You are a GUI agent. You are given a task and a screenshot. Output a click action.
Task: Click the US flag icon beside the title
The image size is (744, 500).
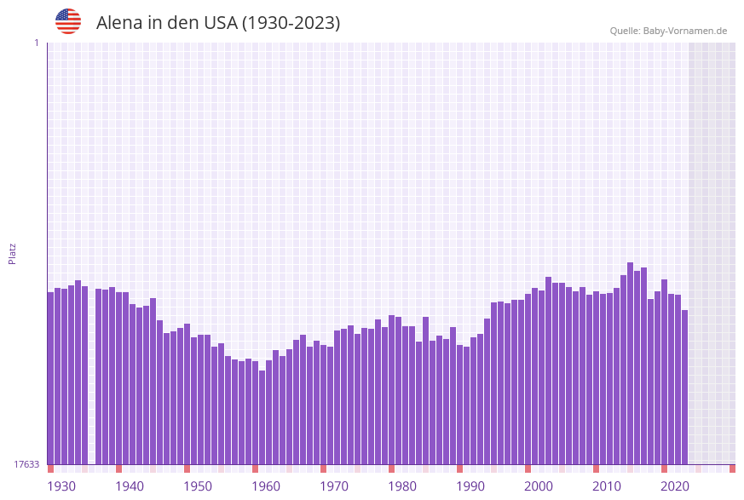tap(68, 21)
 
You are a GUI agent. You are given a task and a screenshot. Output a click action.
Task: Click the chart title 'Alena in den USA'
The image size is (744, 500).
tap(217, 23)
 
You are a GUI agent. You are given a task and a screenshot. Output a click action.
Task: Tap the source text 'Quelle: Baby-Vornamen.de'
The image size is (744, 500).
tap(668, 31)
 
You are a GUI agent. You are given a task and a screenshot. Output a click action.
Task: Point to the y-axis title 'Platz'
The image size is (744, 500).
tap(13, 253)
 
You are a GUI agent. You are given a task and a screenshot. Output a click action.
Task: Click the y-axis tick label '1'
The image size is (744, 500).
tap(36, 43)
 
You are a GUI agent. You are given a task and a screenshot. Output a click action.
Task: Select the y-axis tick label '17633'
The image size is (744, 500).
tap(26, 464)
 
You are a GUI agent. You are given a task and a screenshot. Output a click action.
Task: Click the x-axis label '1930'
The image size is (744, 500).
tap(61, 486)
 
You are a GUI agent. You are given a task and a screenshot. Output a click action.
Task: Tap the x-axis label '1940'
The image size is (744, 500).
tap(130, 486)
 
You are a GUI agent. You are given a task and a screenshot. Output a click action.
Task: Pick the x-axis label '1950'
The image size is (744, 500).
tap(198, 486)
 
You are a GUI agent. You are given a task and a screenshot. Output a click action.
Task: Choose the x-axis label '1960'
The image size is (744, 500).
tap(266, 486)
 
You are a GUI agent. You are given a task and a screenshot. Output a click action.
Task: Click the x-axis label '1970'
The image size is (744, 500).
tap(334, 486)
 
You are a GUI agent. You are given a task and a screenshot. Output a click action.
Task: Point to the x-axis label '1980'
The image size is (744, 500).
tap(402, 486)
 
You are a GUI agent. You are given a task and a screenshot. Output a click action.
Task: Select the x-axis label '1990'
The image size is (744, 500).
tap(470, 486)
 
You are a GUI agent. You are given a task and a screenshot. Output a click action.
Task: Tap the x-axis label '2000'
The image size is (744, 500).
tap(539, 486)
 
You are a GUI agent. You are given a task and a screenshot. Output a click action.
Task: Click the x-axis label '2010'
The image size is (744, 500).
tap(607, 486)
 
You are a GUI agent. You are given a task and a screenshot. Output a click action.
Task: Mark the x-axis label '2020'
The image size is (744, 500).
tap(675, 486)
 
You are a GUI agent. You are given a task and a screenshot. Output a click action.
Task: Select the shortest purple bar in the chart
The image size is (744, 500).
tap(262, 417)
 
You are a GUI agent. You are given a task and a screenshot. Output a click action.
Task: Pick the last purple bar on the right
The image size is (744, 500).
tap(684, 388)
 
